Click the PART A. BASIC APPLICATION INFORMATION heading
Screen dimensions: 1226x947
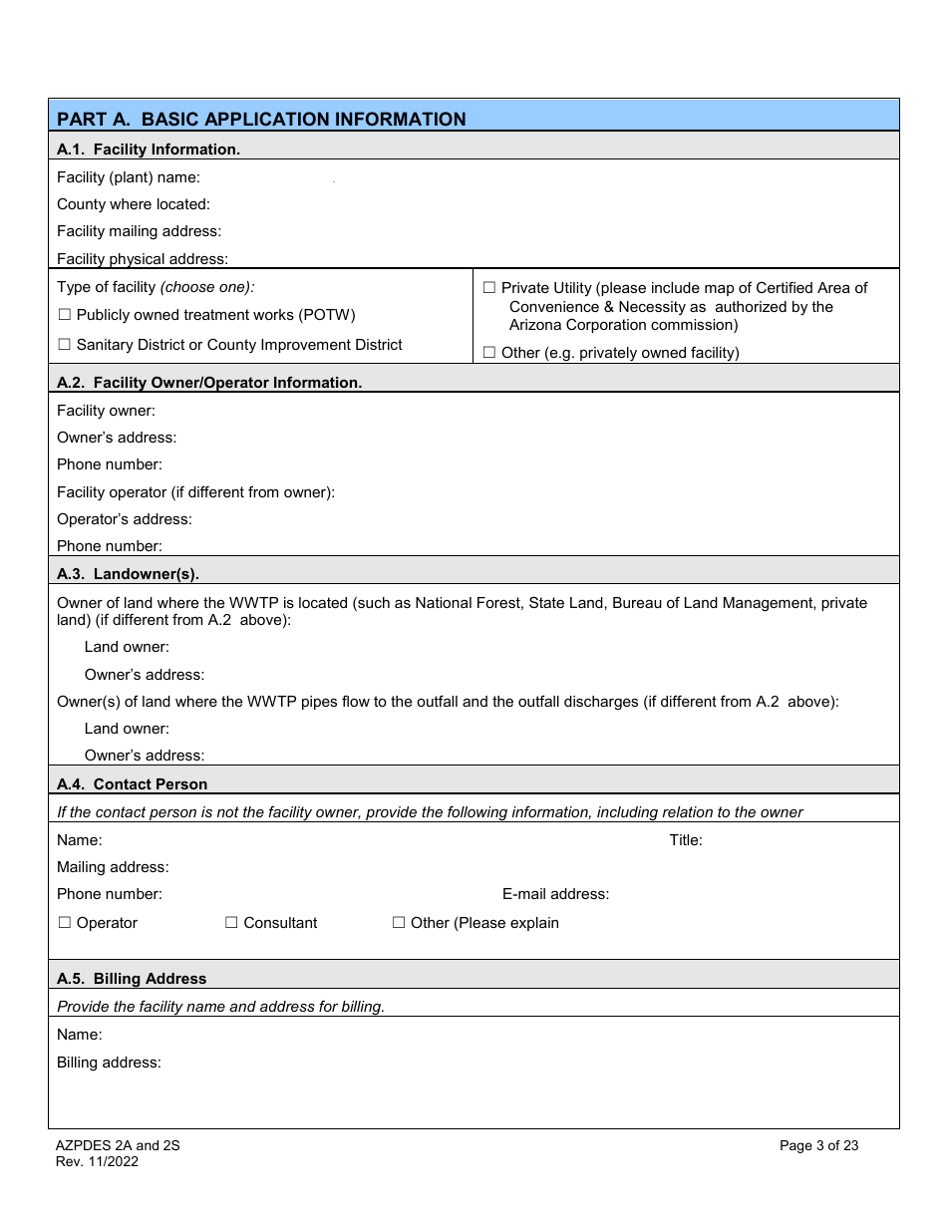261,119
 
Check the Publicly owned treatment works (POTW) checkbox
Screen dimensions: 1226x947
65,315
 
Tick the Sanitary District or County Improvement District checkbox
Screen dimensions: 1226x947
65,345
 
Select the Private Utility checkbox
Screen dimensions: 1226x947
489,288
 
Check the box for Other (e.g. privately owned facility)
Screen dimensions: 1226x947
489,353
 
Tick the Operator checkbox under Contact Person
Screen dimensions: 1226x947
65,923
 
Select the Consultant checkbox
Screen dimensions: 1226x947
231,923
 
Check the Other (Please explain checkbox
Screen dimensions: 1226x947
399,923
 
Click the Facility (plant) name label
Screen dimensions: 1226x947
129,177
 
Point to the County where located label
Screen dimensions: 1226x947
134,204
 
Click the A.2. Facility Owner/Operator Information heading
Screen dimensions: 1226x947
209,383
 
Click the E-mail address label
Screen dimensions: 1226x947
555,894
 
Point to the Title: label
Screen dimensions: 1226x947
686,840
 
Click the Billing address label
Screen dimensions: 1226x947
109,1063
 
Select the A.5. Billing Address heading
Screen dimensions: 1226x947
132,979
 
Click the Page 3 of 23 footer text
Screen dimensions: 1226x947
818,1145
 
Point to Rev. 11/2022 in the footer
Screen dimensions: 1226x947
98,1161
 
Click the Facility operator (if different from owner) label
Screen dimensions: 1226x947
195,492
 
